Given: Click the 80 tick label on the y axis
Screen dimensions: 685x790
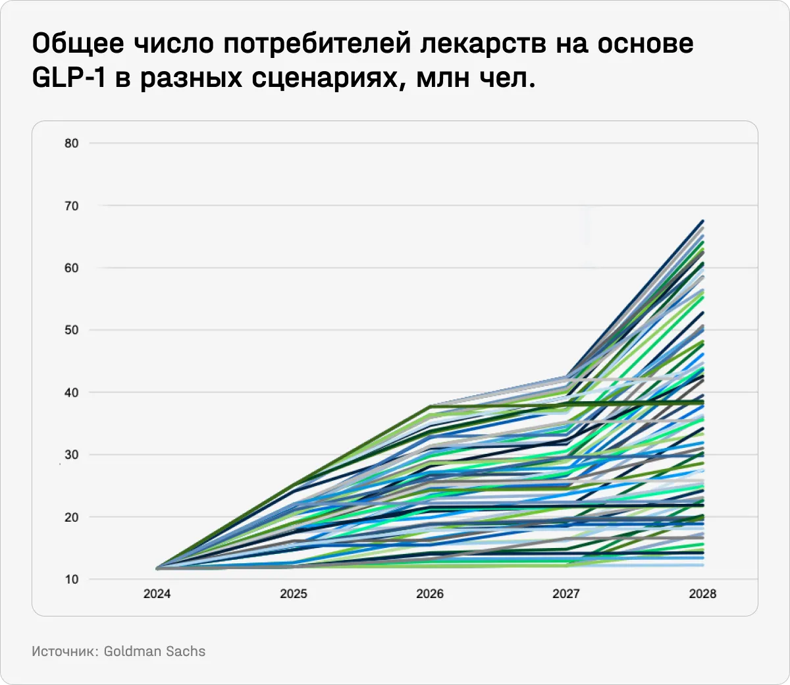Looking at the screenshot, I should [71, 144].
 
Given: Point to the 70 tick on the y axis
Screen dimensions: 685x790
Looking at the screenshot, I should [71, 206].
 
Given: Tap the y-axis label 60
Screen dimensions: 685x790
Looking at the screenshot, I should [71, 268].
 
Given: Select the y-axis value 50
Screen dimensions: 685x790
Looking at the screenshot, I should [71, 330].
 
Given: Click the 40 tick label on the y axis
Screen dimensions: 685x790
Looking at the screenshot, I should [71, 393].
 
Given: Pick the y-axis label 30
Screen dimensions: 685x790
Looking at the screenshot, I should [71, 455].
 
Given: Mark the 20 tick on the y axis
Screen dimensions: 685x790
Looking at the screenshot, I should [71, 517].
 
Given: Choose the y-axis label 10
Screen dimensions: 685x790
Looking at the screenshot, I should [71, 580].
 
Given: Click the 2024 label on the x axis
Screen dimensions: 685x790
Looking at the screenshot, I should [157, 594].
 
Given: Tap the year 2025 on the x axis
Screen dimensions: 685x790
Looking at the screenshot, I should [294, 594].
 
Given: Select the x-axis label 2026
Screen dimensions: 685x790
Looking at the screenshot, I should [430, 594].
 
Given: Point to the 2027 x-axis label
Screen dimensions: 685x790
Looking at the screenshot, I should [566, 594].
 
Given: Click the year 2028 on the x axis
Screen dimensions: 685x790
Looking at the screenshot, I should [702, 594].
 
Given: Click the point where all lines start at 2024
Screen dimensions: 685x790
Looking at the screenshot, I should [158, 568].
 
